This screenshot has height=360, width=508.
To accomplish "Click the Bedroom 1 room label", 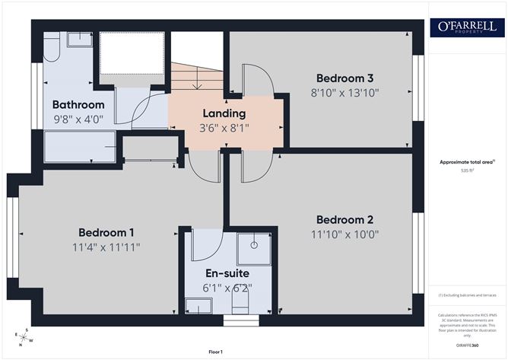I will [x=106, y=232].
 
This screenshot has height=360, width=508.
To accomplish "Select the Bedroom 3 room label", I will [x=344, y=78].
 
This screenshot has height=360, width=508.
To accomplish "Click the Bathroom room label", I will [x=78, y=104].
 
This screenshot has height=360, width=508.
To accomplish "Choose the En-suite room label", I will [x=227, y=273].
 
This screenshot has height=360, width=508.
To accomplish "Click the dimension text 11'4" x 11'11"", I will [x=106, y=247].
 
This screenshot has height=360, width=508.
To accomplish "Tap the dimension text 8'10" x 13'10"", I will [x=345, y=93].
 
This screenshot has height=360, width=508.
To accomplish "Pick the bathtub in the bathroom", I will [x=80, y=146].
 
